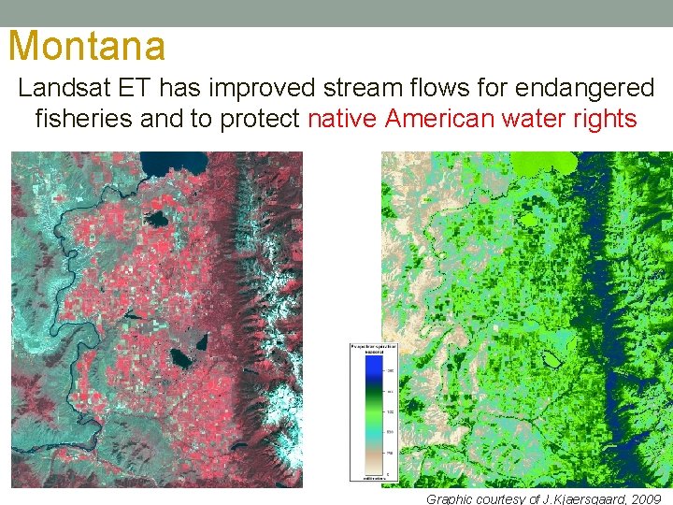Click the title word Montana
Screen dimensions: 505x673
point(86,45)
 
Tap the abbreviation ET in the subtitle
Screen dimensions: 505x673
point(140,89)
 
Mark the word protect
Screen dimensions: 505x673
point(258,120)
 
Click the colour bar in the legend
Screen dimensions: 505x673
point(362,411)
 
